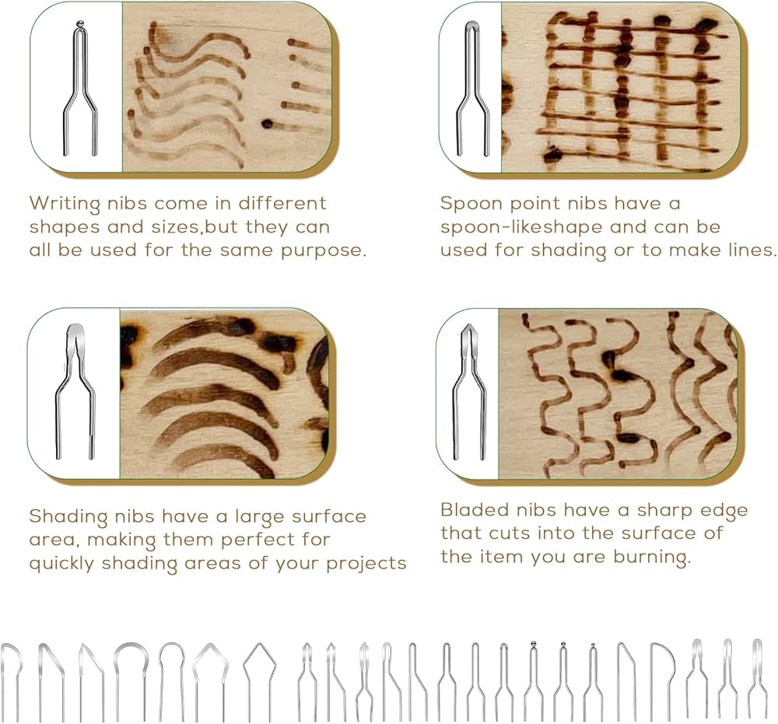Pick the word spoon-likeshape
[x=521, y=228]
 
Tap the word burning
[x=651, y=558]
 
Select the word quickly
[x=61, y=564]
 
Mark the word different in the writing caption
[x=282, y=203]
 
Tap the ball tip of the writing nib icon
[x=80, y=23]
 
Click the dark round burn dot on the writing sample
[x=268, y=124]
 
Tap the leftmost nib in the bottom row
[x=12, y=682]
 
